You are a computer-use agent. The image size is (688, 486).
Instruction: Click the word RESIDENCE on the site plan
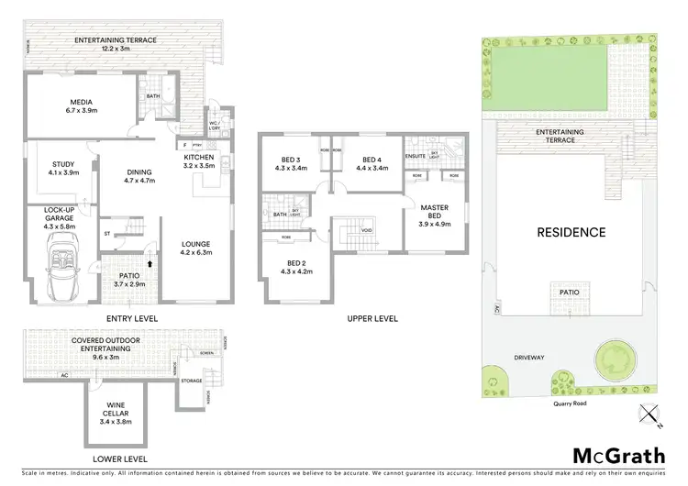coord(571,232)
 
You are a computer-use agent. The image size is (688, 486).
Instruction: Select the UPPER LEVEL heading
coord(372,318)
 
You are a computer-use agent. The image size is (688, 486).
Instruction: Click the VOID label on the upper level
coord(366,230)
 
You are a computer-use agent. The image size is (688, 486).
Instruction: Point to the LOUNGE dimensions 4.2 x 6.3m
coord(197,252)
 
